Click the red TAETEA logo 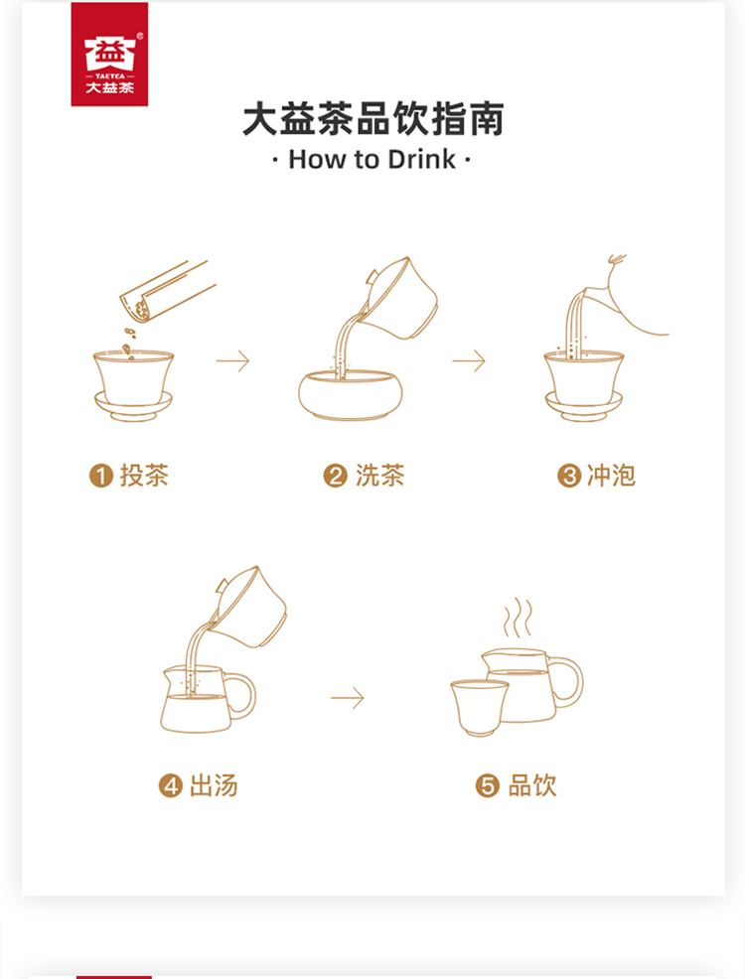[109, 54]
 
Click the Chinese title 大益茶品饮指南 [372, 119]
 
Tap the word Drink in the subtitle [421, 159]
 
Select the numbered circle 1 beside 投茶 [101, 476]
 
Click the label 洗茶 [380, 476]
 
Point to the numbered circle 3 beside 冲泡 [569, 476]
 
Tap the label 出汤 [214, 785]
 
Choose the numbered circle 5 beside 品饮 [487, 785]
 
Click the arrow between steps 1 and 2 [232, 360]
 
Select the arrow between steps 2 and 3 [469, 360]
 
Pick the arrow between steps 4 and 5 [348, 697]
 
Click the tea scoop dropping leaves [167, 292]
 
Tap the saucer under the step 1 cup [133, 406]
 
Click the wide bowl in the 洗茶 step [351, 394]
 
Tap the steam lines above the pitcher [518, 618]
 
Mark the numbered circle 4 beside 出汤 [171, 785]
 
